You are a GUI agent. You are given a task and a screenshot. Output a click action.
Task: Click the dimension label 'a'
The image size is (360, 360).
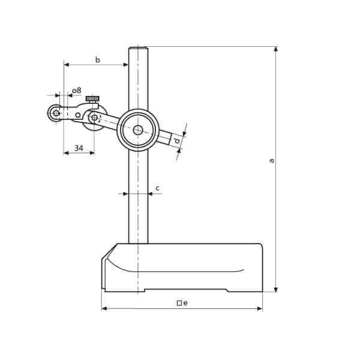272,160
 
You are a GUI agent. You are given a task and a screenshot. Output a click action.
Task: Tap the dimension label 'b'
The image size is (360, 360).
98,59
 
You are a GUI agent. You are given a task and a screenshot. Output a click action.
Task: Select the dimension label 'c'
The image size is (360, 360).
157,188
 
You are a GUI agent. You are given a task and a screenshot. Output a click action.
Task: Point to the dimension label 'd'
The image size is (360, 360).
177,140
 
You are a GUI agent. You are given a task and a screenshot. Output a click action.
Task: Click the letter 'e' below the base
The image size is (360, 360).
185,303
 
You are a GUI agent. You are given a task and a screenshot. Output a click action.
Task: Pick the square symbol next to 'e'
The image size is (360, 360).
179,303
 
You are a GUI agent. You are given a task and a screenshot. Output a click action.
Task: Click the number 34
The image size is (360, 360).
79,148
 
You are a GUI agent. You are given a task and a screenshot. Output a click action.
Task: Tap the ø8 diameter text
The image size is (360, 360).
77,91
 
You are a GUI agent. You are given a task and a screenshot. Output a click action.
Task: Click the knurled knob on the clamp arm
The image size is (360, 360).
92,99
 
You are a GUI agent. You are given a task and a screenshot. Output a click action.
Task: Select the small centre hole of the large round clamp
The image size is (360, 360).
138,130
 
